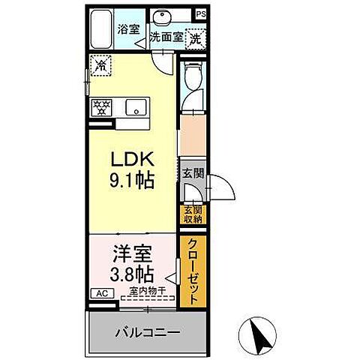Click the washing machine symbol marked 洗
click(194, 34)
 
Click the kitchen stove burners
click(101, 106)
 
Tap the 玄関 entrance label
click(191, 172)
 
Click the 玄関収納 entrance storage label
click(192, 214)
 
